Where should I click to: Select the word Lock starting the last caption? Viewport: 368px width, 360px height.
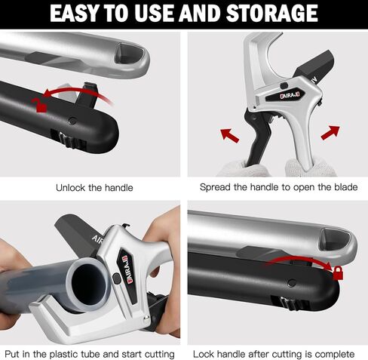(204, 353)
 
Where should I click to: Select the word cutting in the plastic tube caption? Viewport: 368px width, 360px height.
(157, 353)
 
